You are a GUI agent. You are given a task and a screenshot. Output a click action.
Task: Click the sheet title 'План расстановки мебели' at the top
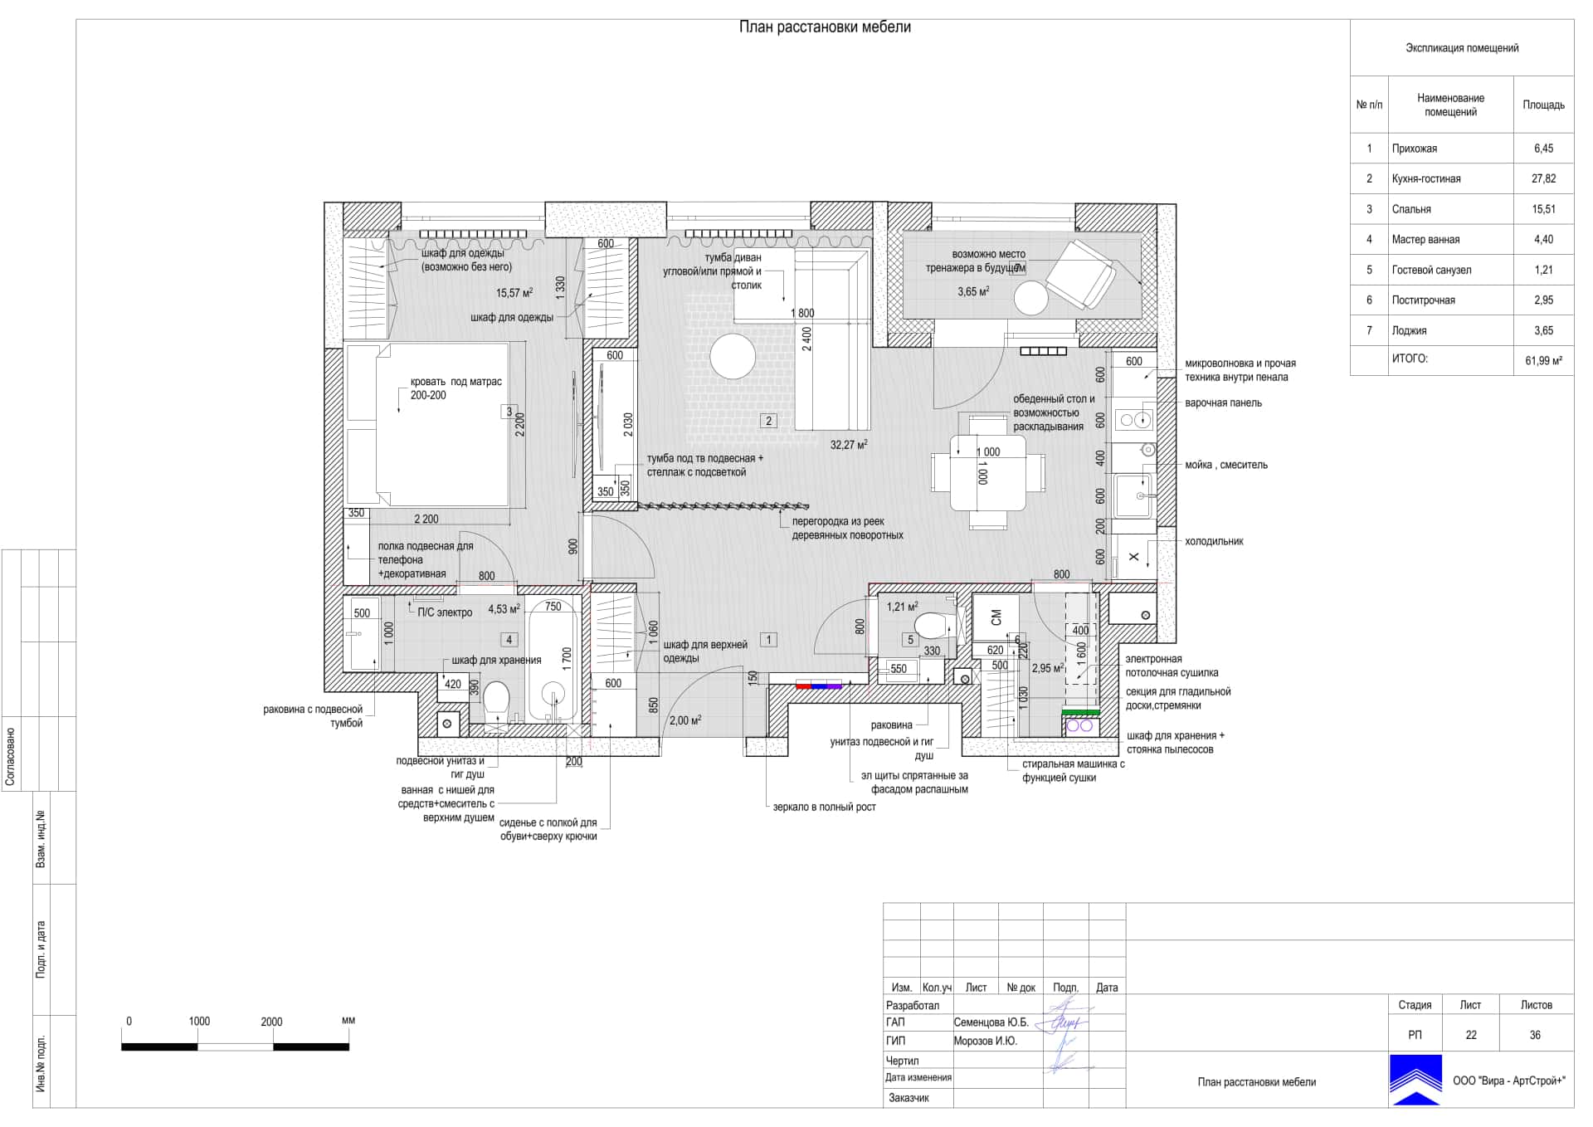[825, 27]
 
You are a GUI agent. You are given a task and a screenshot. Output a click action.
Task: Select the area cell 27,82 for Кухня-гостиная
[1543, 178]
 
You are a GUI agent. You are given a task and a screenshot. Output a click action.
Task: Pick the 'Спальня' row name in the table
[1410, 209]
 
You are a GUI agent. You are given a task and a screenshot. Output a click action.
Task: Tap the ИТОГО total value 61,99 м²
[1543, 361]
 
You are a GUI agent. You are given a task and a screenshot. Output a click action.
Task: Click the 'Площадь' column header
[1543, 105]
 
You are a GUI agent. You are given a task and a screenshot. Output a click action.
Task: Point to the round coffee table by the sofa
[733, 356]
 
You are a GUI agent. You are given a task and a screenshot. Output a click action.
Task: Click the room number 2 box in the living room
[768, 421]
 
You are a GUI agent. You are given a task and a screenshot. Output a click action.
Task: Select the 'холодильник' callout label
[1214, 541]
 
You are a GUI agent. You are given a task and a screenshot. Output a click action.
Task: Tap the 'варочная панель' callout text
[1223, 403]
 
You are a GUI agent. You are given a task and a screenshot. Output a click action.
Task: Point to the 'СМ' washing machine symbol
[996, 617]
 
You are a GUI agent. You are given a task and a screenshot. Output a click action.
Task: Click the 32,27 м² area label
[849, 445]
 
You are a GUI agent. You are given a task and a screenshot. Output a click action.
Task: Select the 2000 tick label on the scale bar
[271, 1022]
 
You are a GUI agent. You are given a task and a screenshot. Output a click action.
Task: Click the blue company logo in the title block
[1415, 1080]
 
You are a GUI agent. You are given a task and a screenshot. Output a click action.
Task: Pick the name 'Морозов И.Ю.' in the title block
[985, 1041]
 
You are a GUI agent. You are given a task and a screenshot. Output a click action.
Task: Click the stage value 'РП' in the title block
[1415, 1035]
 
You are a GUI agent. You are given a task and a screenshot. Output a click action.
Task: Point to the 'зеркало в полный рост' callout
[824, 807]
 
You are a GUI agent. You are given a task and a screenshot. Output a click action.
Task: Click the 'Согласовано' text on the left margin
[11, 757]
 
